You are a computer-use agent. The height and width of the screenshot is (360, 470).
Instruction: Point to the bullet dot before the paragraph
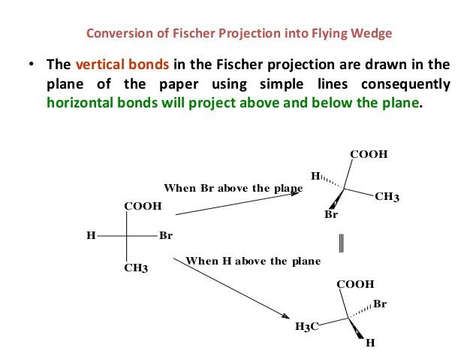[x=31, y=65]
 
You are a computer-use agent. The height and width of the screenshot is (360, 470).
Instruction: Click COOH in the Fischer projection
[x=143, y=206]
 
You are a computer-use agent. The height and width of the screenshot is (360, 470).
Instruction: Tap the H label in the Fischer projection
[x=91, y=235]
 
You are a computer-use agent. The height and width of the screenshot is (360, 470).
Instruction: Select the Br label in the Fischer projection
[x=166, y=235]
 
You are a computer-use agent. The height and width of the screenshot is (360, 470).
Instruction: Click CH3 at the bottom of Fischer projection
[x=135, y=268]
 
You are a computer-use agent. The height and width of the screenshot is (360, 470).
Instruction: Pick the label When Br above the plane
[x=233, y=188]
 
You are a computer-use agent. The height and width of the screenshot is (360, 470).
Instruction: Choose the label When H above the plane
[x=252, y=262]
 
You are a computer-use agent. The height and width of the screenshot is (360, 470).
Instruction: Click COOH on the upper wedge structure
[x=369, y=154]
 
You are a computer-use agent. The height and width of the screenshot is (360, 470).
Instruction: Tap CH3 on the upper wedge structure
[x=387, y=197]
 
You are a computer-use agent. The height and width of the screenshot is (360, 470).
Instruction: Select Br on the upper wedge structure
[x=331, y=214]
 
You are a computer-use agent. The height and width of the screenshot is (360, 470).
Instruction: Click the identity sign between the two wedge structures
[x=342, y=243]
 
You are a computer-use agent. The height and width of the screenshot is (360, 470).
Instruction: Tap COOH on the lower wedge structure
[x=355, y=284]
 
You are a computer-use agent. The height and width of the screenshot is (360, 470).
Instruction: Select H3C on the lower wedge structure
[x=307, y=326]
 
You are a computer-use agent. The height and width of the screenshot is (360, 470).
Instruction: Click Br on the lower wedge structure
[x=380, y=304]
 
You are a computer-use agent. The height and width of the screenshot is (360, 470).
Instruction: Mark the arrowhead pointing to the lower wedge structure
[x=290, y=315]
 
